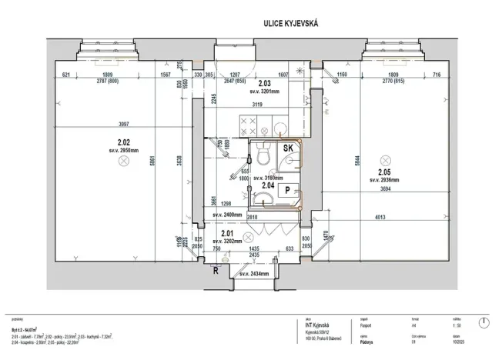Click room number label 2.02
tap(122, 142)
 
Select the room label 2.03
tap(263, 83)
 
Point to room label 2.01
tap(228, 233)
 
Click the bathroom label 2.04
tap(268, 185)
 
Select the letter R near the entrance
tap(216, 271)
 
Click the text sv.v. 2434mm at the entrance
tap(253, 274)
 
